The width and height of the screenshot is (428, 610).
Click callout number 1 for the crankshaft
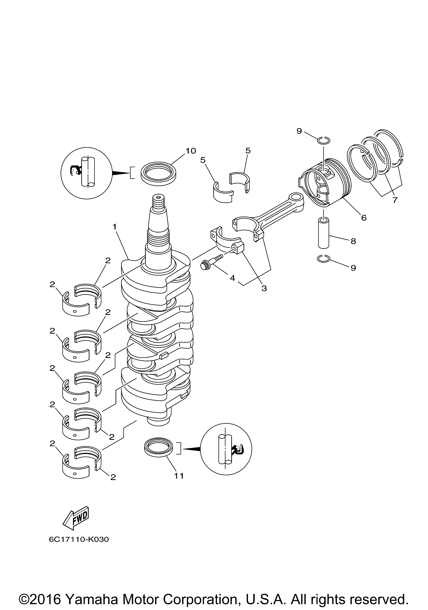[x=115, y=227]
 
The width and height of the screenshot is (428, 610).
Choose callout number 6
[x=364, y=218]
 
